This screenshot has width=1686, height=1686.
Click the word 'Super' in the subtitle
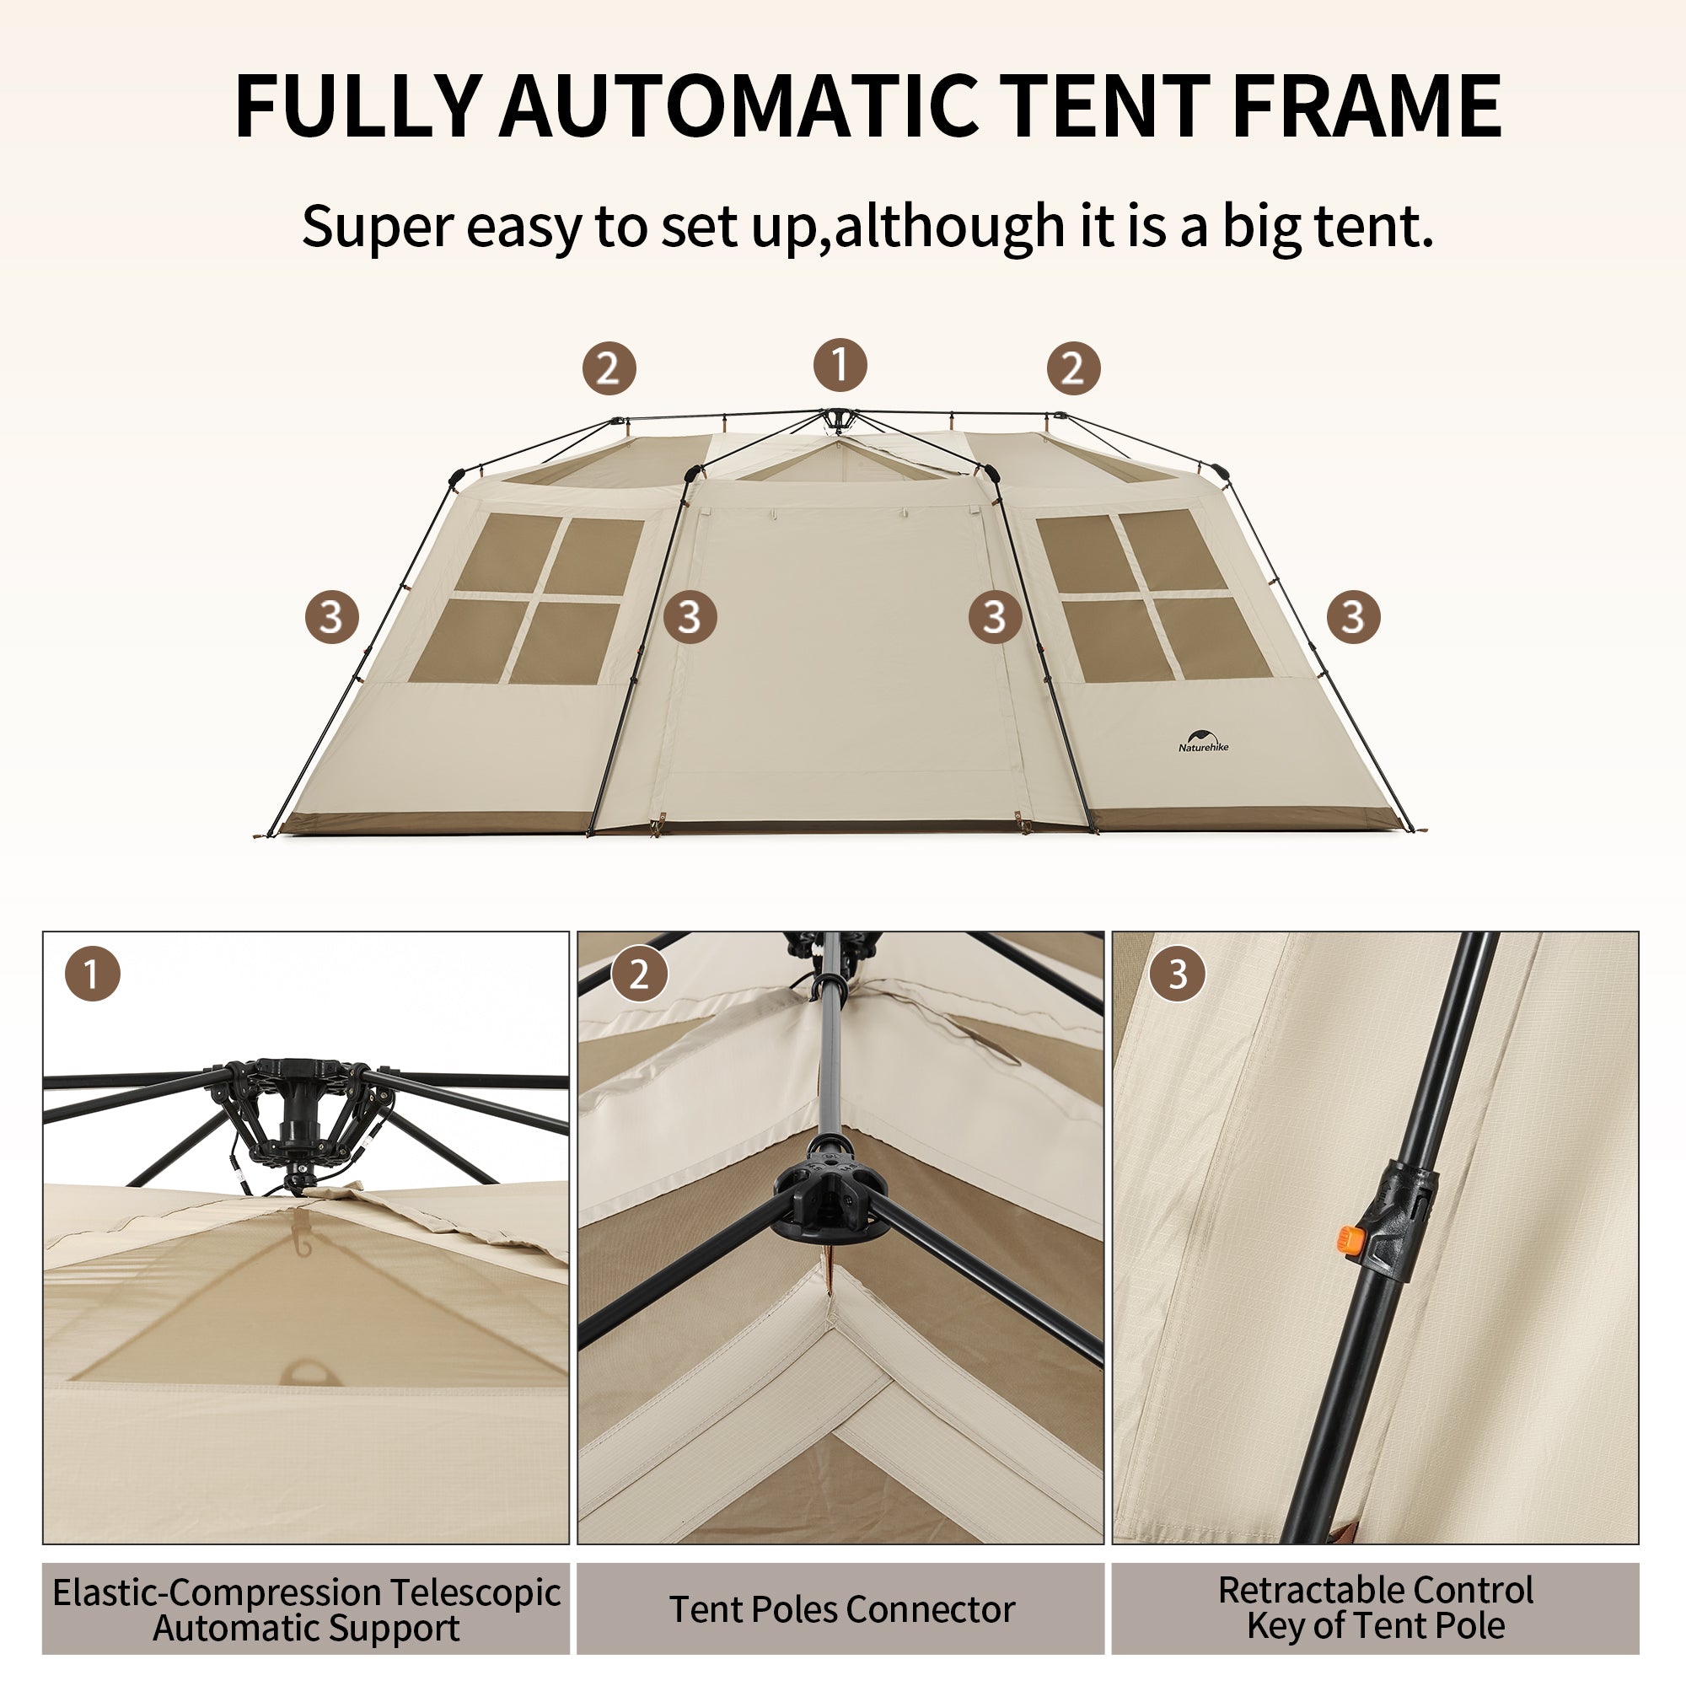377,227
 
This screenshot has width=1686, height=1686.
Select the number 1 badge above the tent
840,365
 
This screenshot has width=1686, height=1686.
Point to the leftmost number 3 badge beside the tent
331,617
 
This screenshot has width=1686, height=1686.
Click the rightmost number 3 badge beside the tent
1353,617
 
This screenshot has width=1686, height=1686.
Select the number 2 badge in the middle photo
639,975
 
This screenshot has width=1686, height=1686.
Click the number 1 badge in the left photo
92,975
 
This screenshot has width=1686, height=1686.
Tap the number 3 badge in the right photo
1177,975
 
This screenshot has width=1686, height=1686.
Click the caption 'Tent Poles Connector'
842,1610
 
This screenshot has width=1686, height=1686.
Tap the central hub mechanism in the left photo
297,1109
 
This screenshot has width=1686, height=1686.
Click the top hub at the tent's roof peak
838,421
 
